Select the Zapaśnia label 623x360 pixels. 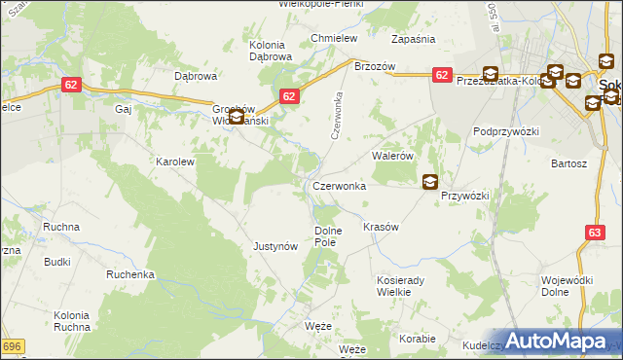click(x=413, y=39)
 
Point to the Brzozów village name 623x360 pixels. click(x=374, y=66)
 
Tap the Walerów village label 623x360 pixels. click(x=393, y=156)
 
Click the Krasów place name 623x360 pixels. click(x=381, y=227)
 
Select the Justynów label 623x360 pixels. click(x=275, y=246)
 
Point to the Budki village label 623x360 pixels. click(x=57, y=262)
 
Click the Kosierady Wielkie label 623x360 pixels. click(x=405, y=285)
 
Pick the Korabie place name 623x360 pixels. click(x=418, y=339)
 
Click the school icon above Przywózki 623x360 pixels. click(x=429, y=181)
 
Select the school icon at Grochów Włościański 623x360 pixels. click(x=236, y=118)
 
